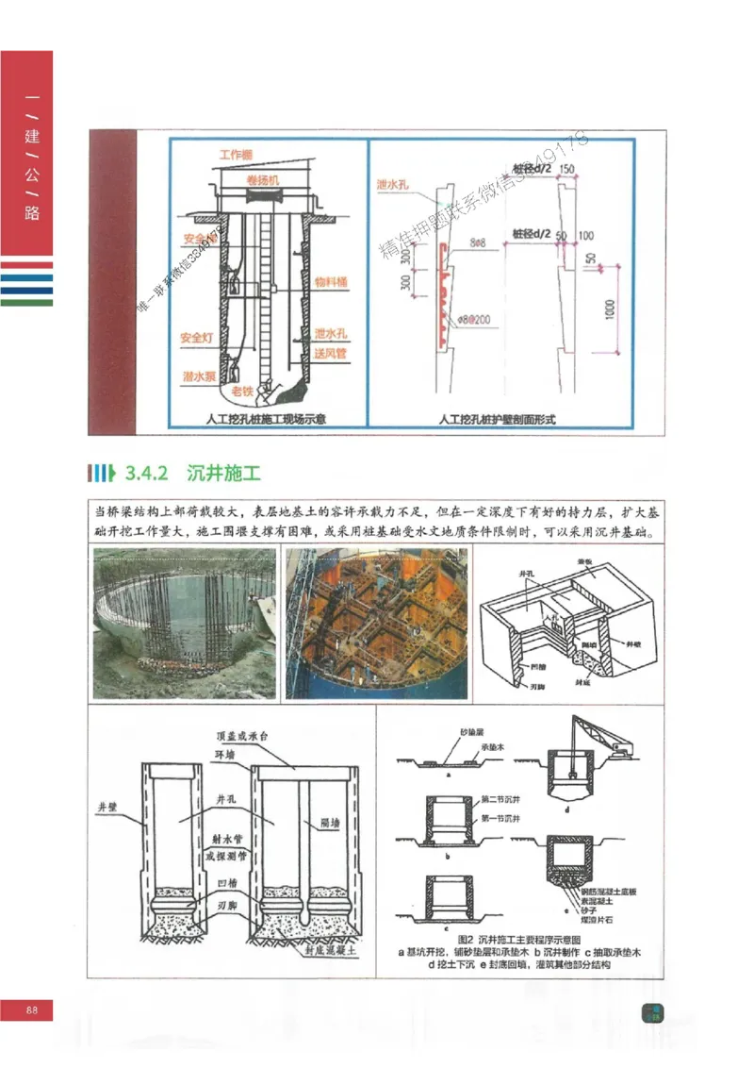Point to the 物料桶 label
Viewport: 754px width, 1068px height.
point(332,281)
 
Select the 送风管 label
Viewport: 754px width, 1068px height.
point(332,354)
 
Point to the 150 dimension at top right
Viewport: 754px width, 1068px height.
point(566,169)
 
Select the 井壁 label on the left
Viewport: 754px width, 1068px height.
point(110,808)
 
